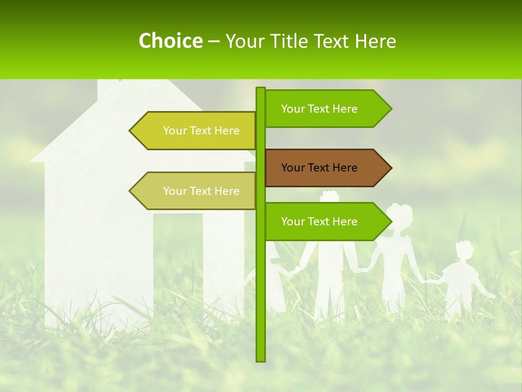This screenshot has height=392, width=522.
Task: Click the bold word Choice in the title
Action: pos(170,41)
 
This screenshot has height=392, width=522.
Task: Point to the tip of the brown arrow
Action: pos(390,168)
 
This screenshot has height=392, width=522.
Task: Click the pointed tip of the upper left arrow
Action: pos(130,131)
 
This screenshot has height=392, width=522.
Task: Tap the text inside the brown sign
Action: pos(319,168)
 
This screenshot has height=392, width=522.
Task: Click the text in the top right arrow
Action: pos(319,109)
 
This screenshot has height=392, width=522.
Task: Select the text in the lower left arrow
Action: pos(201,191)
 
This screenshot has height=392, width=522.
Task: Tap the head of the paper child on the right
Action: pos(464,252)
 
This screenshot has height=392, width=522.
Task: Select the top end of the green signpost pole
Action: pos(260,89)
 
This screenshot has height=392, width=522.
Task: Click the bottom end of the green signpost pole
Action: pos(260,359)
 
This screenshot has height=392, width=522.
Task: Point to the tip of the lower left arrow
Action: pos(130,191)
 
